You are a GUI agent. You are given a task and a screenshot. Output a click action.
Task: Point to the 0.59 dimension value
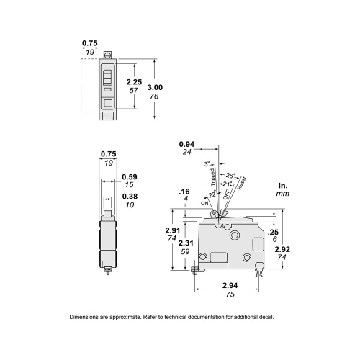[130, 177]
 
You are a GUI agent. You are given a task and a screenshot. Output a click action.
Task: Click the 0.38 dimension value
[130, 197]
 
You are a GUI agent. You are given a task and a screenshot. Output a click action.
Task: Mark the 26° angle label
[230, 174]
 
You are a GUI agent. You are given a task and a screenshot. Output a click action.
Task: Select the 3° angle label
[208, 165]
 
